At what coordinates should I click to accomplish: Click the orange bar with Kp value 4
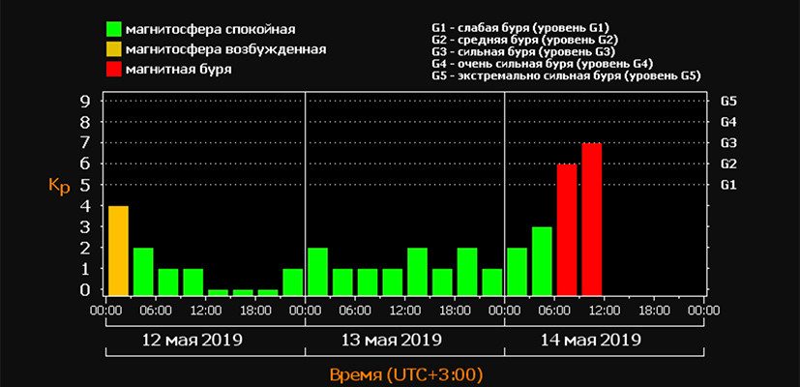coord(118,250)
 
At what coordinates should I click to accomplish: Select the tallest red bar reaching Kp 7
coord(592,219)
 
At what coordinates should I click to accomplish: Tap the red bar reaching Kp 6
coord(567,229)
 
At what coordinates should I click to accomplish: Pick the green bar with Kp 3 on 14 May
coord(542,260)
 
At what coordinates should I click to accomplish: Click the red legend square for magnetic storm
coord(114,70)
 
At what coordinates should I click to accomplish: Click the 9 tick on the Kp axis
coord(86,101)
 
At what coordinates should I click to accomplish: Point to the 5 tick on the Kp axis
coord(86,184)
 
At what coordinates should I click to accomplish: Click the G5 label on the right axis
coord(729,101)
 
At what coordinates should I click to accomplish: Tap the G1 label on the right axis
coord(729,184)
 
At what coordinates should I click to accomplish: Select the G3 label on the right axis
coord(729,142)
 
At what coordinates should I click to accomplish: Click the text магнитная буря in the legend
coord(183,70)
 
